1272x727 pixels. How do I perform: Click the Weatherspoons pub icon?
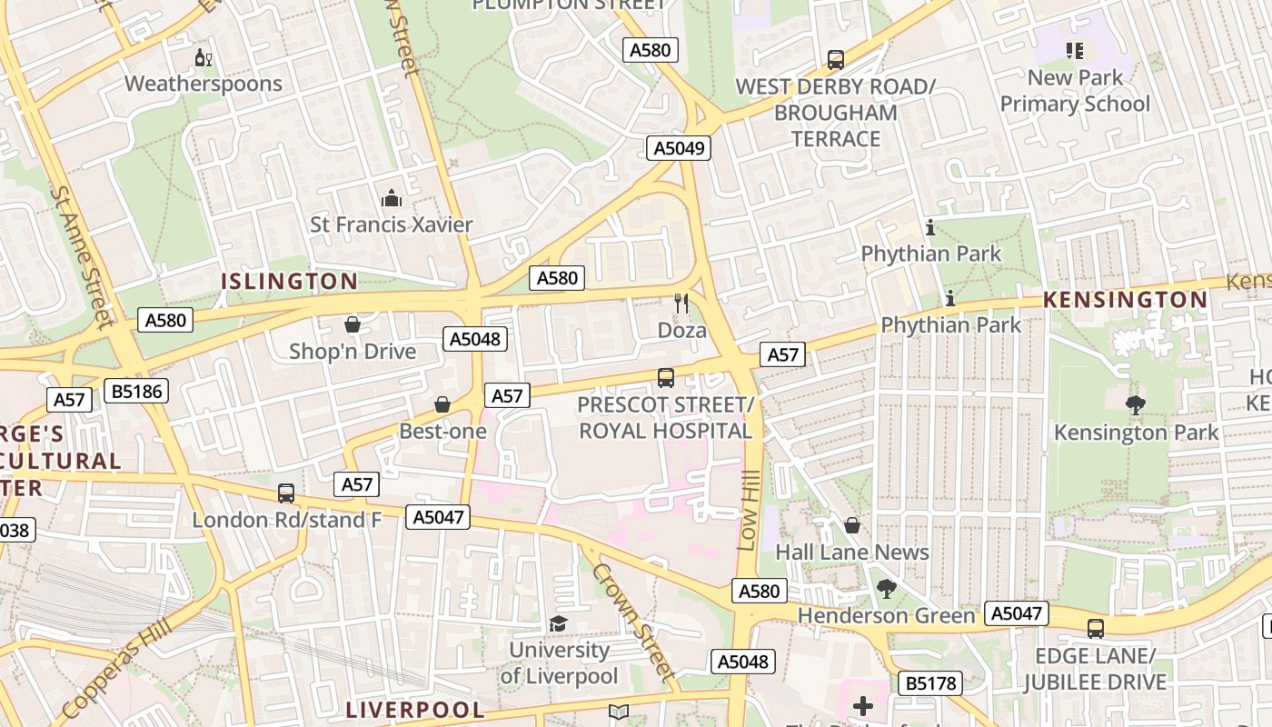tap(204, 59)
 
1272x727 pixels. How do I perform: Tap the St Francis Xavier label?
tap(392, 224)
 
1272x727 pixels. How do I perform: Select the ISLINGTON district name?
tap(290, 282)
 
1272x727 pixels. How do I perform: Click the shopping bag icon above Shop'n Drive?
tap(353, 324)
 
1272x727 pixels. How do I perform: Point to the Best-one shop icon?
tap(442, 404)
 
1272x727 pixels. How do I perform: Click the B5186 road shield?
tap(135, 392)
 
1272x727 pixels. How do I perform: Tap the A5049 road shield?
tap(678, 148)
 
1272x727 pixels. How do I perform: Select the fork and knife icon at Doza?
tap(681, 304)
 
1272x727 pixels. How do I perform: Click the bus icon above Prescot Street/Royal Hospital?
tap(665, 377)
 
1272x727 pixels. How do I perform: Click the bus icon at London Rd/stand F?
tap(286, 493)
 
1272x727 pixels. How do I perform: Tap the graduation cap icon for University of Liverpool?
tap(558, 623)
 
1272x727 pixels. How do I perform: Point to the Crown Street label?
tap(633, 622)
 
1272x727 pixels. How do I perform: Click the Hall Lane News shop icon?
tap(852, 525)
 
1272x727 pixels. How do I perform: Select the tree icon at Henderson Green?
tap(886, 589)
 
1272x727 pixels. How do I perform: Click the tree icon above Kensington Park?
tap(1135, 405)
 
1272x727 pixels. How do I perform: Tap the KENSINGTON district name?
tap(1125, 300)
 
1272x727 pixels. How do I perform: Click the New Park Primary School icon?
tap(1075, 51)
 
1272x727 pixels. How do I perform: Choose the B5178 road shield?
tap(930, 682)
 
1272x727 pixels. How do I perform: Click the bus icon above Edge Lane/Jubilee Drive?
tap(1096, 628)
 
